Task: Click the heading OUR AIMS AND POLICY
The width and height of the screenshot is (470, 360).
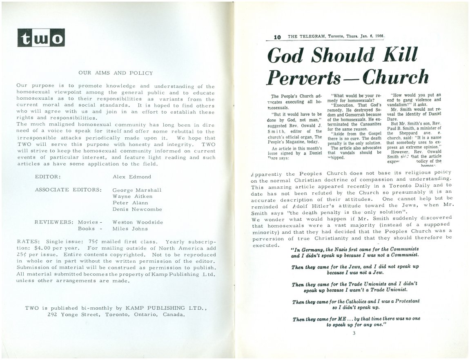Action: pyautogui.click(x=115, y=73)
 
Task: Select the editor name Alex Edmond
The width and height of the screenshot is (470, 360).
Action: pyautogui.click(x=131, y=177)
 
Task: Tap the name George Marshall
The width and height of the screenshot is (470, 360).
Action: pyautogui.click(x=136, y=190)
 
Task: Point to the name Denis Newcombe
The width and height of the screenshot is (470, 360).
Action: pyautogui.click(x=137, y=209)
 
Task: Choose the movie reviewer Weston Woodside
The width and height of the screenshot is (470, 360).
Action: pyautogui.click(x=138, y=222)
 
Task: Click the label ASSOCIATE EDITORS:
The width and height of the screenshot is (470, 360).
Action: pyautogui.click(x=68, y=190)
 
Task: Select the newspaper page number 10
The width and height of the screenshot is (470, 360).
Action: pyautogui.click(x=278, y=37)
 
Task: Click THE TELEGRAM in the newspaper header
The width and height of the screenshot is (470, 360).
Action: pyautogui.click(x=307, y=36)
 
